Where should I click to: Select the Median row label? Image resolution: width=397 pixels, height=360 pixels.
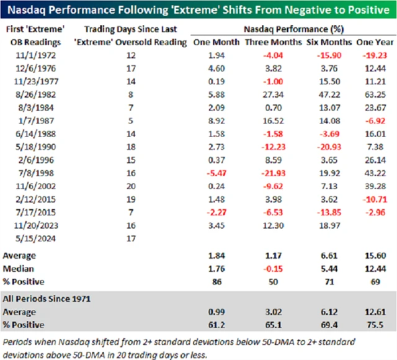[20, 268]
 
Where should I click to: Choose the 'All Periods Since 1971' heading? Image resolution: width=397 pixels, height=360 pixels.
[50, 299]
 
